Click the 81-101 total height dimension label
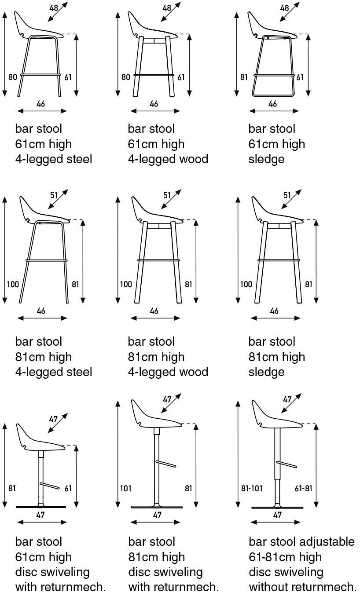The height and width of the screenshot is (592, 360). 252,488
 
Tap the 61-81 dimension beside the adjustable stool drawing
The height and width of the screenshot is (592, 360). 303,488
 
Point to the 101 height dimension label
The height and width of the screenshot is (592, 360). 125,488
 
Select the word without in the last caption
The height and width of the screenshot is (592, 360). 268,586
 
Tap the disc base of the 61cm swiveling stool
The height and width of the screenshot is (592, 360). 41,507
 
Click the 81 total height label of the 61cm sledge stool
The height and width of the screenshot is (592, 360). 244,77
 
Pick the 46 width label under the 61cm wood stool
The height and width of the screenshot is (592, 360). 154,104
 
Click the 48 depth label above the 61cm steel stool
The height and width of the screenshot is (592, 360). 54,8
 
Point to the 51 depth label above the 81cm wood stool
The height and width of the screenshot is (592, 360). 167,195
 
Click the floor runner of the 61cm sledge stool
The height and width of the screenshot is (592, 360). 273,95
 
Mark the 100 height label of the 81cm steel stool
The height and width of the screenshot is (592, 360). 13,285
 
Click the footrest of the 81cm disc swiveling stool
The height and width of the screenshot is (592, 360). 166,464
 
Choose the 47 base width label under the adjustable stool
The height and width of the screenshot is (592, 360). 277,515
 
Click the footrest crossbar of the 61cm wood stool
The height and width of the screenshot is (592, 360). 154,75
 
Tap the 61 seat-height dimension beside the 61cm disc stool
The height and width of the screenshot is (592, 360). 68,488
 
